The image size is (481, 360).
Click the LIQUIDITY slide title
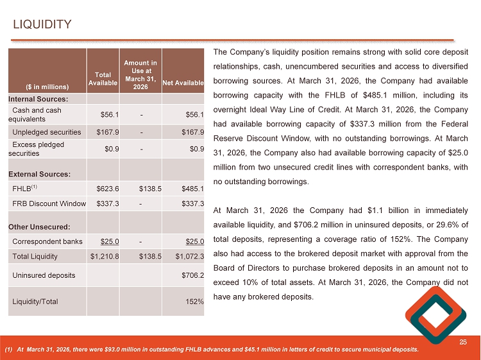coord(42,24)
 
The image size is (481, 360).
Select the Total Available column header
coord(103,78)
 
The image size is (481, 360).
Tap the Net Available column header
coord(183,83)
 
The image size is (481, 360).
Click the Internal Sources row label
coord(38,99)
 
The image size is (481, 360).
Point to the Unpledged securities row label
coord(47,133)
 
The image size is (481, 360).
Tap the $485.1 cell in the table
coord(193,189)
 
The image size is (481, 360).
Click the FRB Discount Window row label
coord(49,204)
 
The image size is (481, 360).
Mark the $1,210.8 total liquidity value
coord(103,256)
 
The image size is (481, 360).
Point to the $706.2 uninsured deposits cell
coord(193,275)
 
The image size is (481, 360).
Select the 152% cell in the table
coord(196,302)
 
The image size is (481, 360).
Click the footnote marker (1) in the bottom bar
coord(8,350)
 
